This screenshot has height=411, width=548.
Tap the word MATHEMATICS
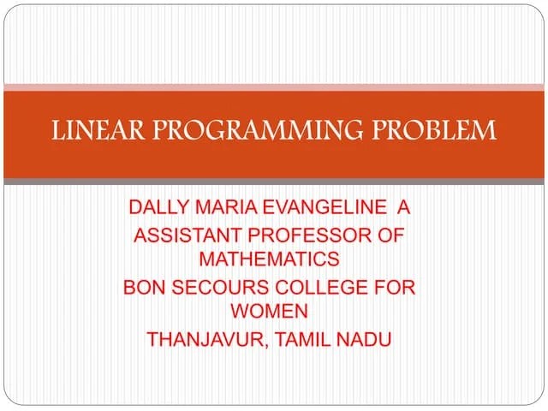(269, 258)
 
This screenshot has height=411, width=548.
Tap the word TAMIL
(304, 339)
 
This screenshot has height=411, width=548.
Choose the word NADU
(366, 339)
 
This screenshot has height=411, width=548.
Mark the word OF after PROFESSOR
(390, 235)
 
